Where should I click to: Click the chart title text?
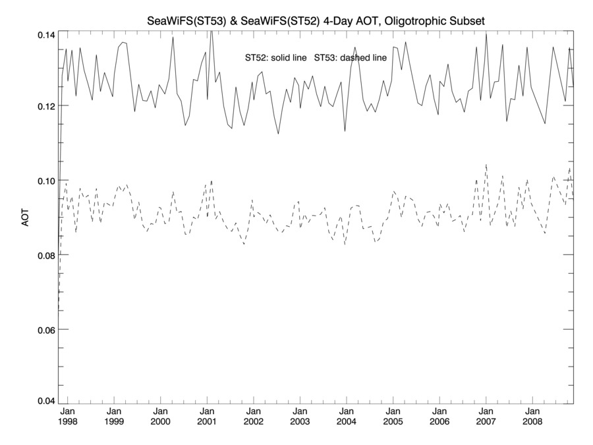click(316, 22)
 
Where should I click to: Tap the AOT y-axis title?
click(25, 218)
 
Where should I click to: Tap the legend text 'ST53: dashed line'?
click(351, 58)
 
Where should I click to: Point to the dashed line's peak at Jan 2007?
click(486, 165)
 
